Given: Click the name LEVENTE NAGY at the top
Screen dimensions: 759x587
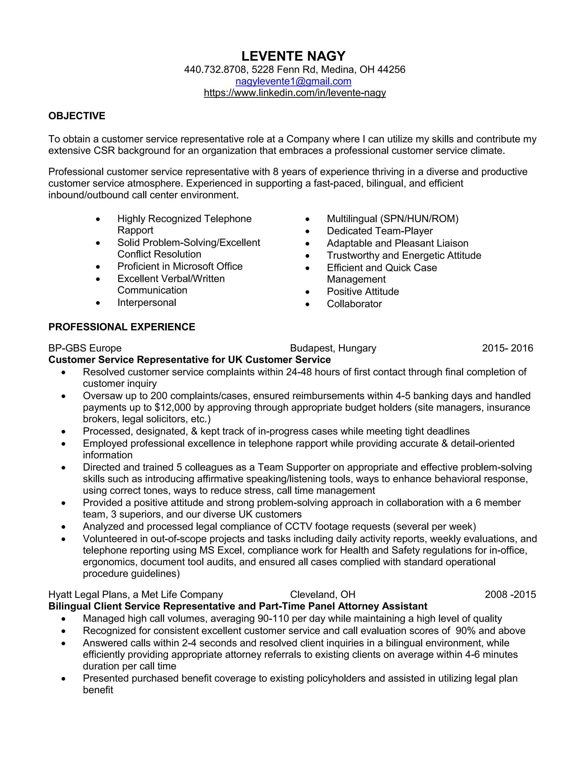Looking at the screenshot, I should (293, 56).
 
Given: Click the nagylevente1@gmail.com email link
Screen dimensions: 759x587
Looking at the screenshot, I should (293, 81).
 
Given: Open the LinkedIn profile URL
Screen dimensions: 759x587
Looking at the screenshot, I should (295, 93).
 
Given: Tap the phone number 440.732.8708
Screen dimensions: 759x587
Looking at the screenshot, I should (215, 70).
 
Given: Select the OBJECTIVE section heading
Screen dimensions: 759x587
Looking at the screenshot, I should (77, 116).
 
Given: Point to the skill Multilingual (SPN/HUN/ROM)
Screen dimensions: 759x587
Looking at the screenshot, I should (392, 219).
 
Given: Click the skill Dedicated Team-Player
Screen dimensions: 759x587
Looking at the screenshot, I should (379, 231).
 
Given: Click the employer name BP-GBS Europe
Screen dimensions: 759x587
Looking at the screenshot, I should (85, 348).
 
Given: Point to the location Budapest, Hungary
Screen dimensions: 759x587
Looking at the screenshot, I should (333, 348).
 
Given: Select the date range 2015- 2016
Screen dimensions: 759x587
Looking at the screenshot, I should (507, 348).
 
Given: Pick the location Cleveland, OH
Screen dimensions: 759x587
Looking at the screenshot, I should (322, 595).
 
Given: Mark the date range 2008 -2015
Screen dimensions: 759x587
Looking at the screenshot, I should (510, 595).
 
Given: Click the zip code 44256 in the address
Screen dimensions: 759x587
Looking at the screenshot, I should (391, 70).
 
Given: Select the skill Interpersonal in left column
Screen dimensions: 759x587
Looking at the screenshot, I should (146, 302).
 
